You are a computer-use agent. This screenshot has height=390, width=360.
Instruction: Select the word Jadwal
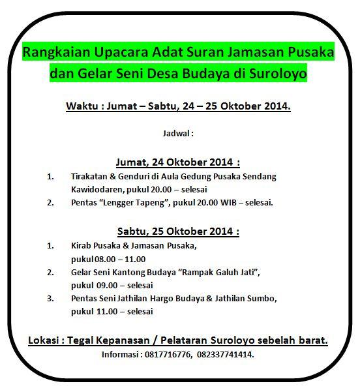[x=177, y=133]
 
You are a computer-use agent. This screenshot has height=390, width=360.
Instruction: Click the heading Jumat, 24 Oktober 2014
[x=178, y=162]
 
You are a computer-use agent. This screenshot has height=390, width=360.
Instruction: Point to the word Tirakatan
[x=89, y=177]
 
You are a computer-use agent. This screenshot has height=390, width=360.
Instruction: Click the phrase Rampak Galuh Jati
[x=219, y=272]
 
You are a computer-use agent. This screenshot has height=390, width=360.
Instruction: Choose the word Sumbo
[x=262, y=298]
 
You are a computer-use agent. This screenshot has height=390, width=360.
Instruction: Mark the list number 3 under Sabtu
[x=50, y=298]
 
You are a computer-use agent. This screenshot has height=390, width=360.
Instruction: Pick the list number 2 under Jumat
[x=50, y=202]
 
